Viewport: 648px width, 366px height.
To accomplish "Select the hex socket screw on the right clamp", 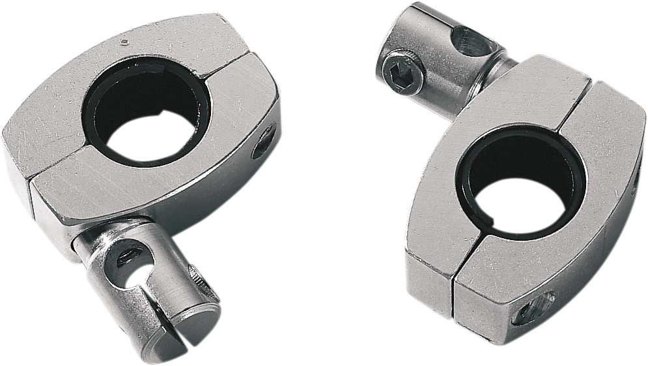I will (x=400, y=74).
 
